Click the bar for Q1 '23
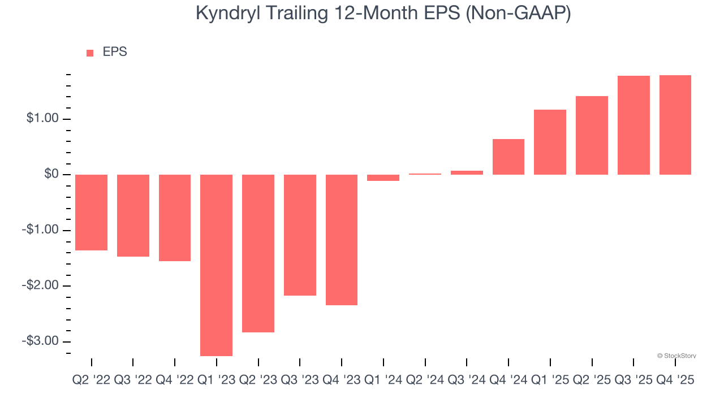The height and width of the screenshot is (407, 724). pos(216,265)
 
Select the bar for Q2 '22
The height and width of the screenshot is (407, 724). pos(91,213)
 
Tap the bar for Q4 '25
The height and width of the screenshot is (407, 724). pos(675,125)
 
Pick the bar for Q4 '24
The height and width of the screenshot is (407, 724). pos(508,157)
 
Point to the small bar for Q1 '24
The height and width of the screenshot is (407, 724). pos(383,177)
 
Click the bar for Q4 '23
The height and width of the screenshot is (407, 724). pos(341,240)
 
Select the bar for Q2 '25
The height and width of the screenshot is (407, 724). pos(592,135)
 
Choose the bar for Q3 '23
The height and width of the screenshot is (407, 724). pos(300,235)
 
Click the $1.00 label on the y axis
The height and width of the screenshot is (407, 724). pos(43,119)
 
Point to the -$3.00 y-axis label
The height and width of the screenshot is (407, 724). pos(41,341)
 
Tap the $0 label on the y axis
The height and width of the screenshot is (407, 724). pos(51,174)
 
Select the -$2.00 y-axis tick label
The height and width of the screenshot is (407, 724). pos(41,285)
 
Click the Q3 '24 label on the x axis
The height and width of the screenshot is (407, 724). pos(467,380)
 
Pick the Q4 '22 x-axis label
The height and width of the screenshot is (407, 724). pos(174,380)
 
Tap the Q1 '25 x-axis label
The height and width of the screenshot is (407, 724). pos(550,380)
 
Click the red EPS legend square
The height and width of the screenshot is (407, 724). pos(90,53)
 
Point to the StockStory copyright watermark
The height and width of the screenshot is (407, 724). pos(676,356)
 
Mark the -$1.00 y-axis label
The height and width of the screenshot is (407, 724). pos(41,230)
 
